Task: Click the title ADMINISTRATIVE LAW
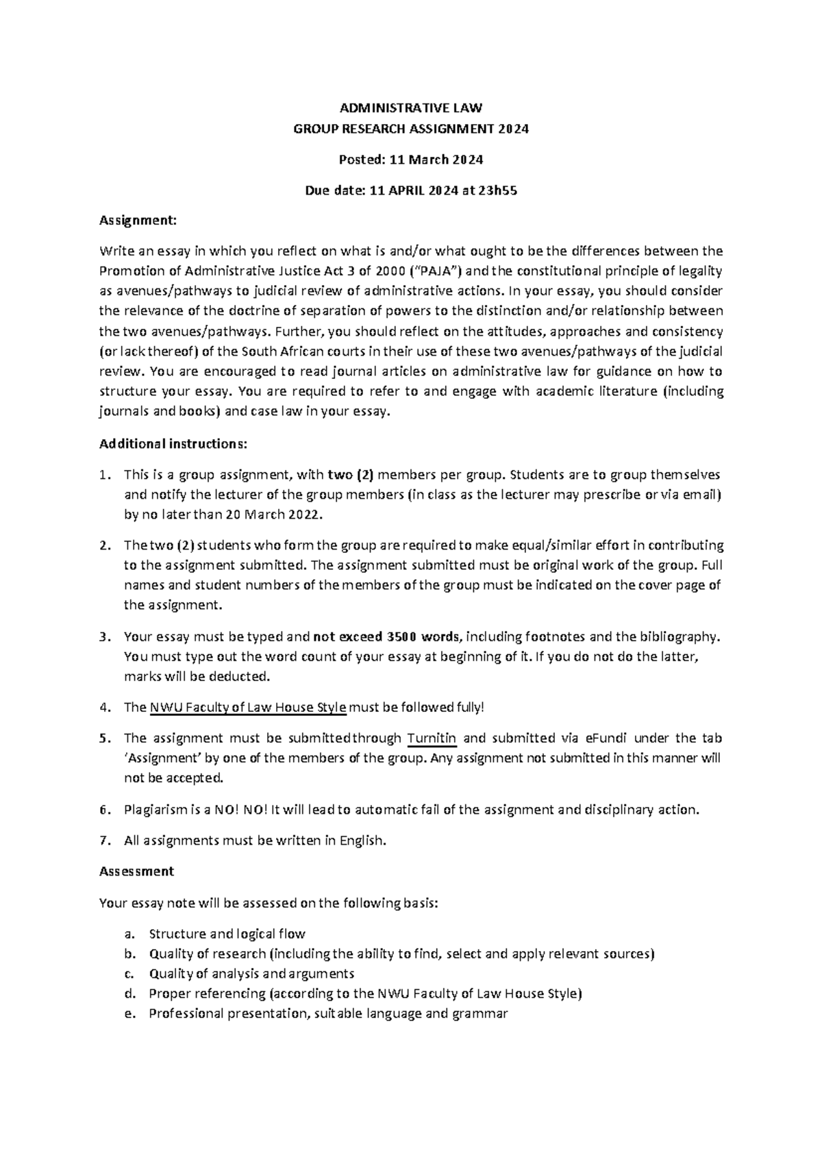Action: click(411, 108)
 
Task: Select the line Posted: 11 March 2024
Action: click(411, 160)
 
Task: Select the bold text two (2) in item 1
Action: click(351, 475)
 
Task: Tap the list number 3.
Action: click(103, 637)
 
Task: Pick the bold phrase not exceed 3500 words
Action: click(388, 637)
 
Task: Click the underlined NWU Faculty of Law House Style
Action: click(248, 708)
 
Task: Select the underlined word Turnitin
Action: click(432, 739)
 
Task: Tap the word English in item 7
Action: click(362, 841)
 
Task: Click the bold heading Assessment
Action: click(136, 871)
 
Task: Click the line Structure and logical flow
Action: click(227, 934)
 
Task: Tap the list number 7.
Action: click(103, 841)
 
